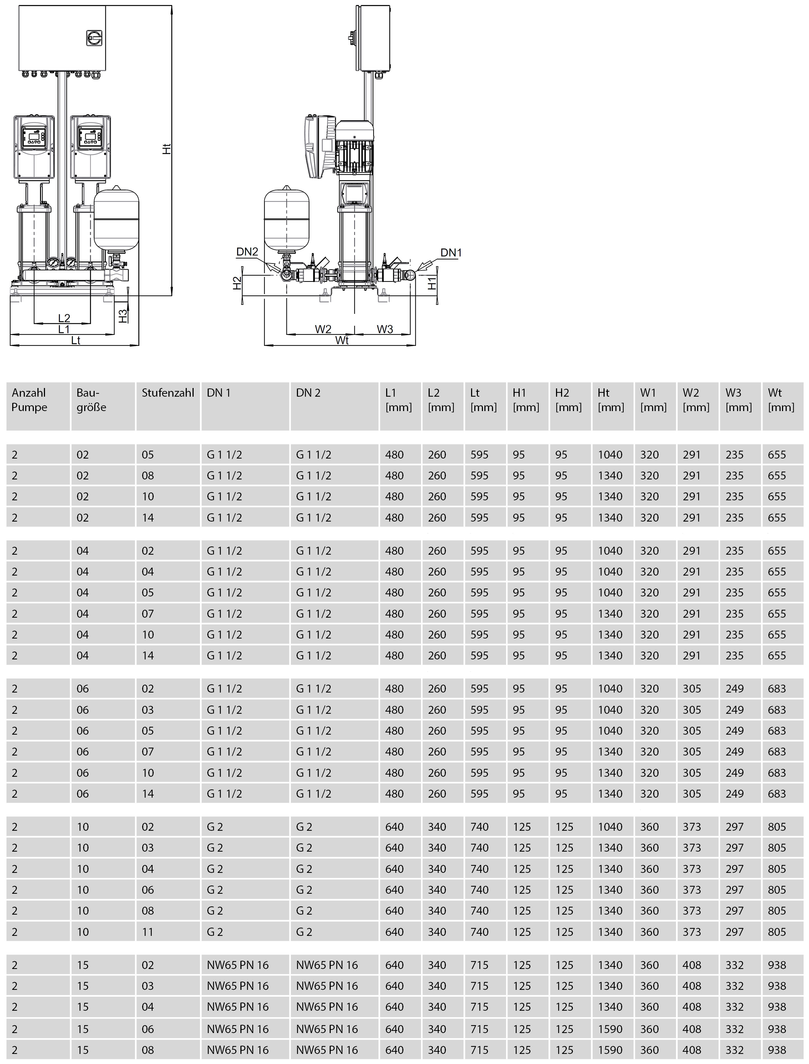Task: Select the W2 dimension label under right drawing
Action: point(323,329)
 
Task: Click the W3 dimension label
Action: point(385,329)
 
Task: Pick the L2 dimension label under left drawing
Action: point(64,318)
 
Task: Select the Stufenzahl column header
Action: point(168,393)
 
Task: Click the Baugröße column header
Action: point(91,400)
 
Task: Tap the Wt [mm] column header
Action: point(781,400)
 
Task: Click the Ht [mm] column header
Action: point(611,400)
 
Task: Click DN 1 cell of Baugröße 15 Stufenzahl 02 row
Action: point(238,965)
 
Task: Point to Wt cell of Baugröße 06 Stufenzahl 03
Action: point(777,710)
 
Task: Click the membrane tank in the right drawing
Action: point(286,219)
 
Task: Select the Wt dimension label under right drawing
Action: point(342,341)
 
